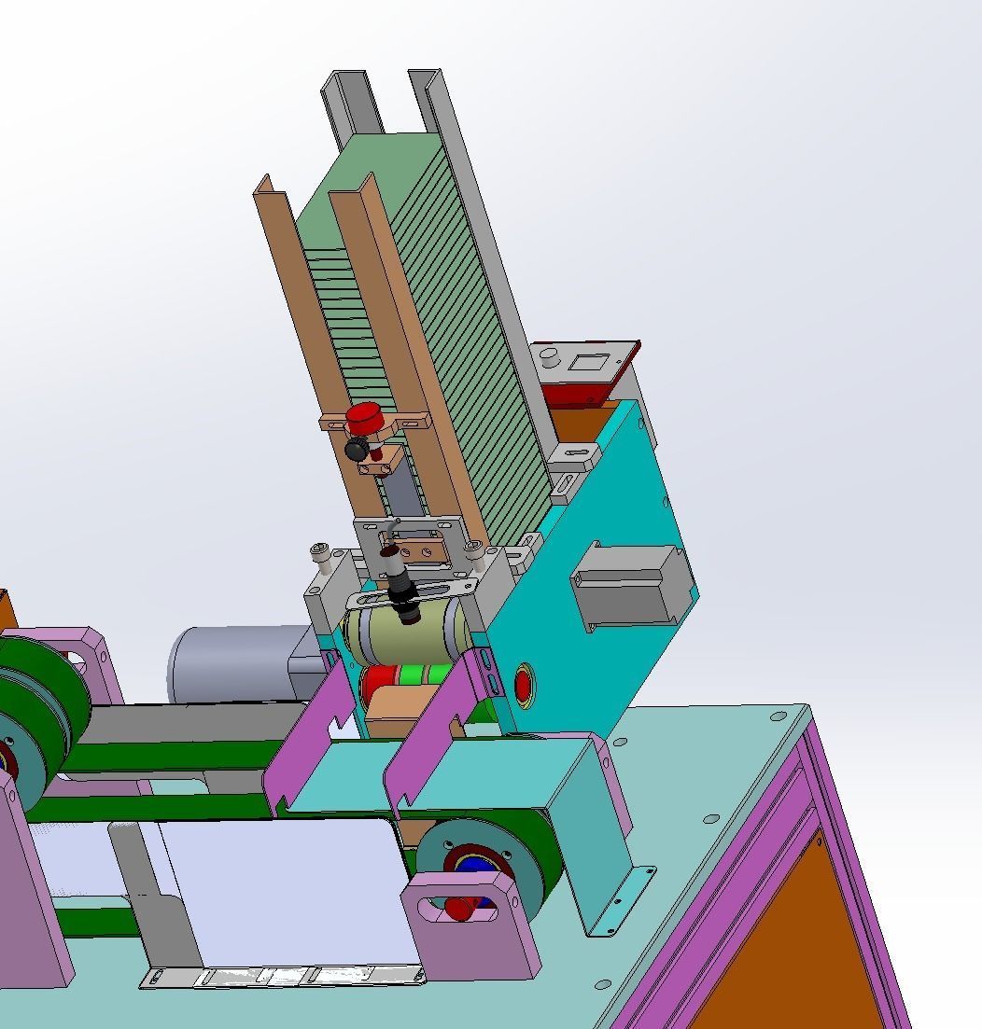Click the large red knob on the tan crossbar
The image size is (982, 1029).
click(x=363, y=416)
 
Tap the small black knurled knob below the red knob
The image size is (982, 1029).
click(x=356, y=450)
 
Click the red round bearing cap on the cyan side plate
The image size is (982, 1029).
click(x=523, y=686)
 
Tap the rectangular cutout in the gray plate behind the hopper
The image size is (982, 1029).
click(x=588, y=362)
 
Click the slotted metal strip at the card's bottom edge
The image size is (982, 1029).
click(x=280, y=977)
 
